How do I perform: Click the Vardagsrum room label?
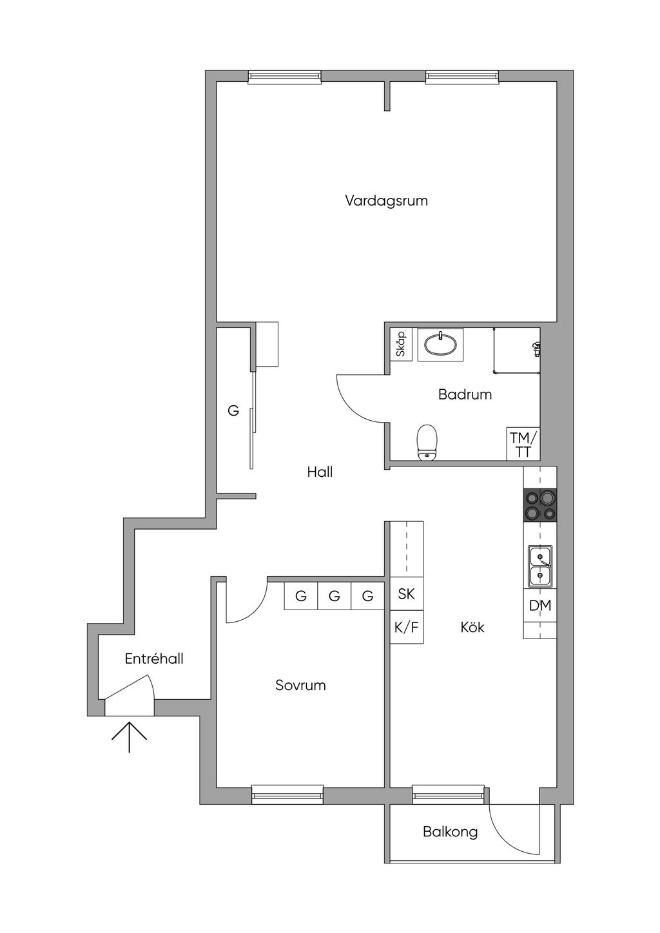click(386, 201)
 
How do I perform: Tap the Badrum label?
click(465, 394)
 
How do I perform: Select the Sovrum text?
click(300, 685)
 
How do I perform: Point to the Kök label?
click(472, 627)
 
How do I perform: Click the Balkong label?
click(450, 832)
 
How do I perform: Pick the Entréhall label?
click(154, 659)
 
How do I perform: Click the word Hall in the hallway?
click(320, 472)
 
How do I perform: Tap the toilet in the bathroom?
click(427, 443)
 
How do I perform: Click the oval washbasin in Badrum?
click(440, 344)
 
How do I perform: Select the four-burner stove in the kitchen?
click(540, 505)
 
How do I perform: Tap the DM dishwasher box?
click(540, 605)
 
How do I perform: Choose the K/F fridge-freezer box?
click(406, 627)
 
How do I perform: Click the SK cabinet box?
click(406, 593)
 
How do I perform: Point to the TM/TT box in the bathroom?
click(523, 444)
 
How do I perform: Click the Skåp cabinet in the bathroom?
click(401, 344)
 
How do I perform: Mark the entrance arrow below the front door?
click(129, 737)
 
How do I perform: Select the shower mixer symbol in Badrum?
click(536, 348)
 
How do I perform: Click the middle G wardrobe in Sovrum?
click(334, 596)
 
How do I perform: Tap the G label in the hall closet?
click(233, 412)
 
